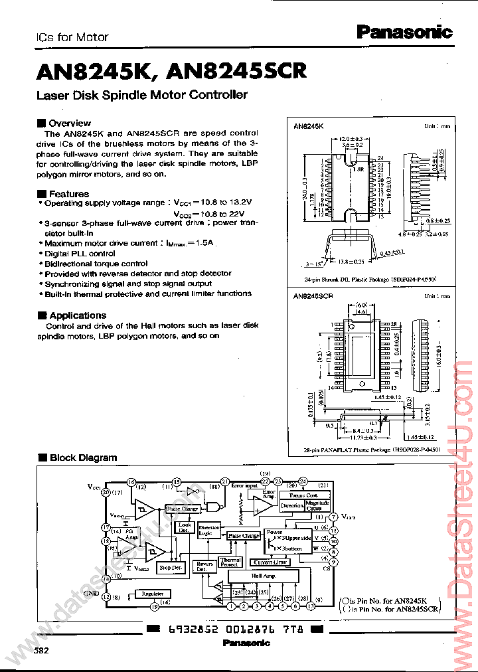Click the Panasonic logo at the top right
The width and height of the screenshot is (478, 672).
coord(404,32)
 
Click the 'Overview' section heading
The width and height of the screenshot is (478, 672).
coord(69,123)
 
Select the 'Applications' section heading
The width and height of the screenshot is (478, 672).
coord(77,315)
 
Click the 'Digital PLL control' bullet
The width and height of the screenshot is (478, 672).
coord(80,254)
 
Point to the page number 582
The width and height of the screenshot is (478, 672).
coord(41,651)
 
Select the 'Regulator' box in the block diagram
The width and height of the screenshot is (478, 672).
coord(153,594)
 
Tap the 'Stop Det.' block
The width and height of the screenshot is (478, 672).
coord(170,568)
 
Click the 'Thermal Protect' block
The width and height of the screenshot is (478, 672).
coord(230,562)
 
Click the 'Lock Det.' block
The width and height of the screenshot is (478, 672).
coord(184,528)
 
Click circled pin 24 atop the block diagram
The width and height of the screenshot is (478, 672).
coord(302,481)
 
